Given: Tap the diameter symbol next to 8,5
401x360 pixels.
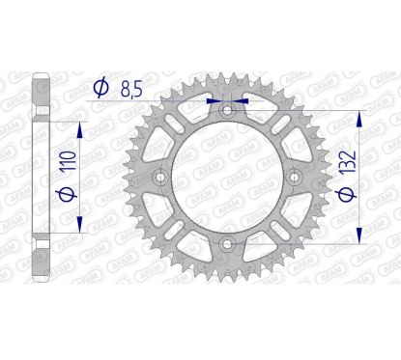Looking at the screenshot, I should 100,88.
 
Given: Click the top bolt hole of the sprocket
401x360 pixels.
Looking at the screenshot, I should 228,111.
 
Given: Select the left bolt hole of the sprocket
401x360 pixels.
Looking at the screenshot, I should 161,178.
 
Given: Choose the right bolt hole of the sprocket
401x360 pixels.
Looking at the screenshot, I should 295,178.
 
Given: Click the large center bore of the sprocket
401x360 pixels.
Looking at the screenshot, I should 228,178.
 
